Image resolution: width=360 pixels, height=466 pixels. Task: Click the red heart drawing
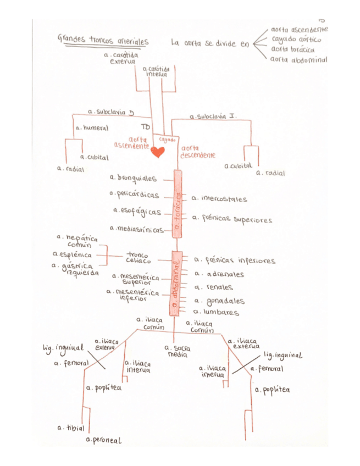pyautogui.click(x=158, y=152)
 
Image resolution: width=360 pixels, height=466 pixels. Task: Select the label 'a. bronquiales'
pyautogui.click(x=132, y=178)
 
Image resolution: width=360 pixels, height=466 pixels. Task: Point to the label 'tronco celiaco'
pyautogui.click(x=137, y=258)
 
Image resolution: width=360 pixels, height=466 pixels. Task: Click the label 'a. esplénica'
pyautogui.click(x=71, y=254)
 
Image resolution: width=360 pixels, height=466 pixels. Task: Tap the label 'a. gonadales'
pyautogui.click(x=219, y=301)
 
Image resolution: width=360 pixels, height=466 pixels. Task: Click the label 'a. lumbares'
pyautogui.click(x=217, y=313)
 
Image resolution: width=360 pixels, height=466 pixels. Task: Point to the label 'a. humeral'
pyautogui.click(x=92, y=127)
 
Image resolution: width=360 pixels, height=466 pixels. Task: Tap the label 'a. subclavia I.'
pyautogui.click(x=213, y=116)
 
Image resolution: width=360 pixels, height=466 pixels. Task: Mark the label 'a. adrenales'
pyautogui.click(x=219, y=274)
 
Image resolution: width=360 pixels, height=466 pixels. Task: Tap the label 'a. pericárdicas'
pyautogui.click(x=134, y=194)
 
